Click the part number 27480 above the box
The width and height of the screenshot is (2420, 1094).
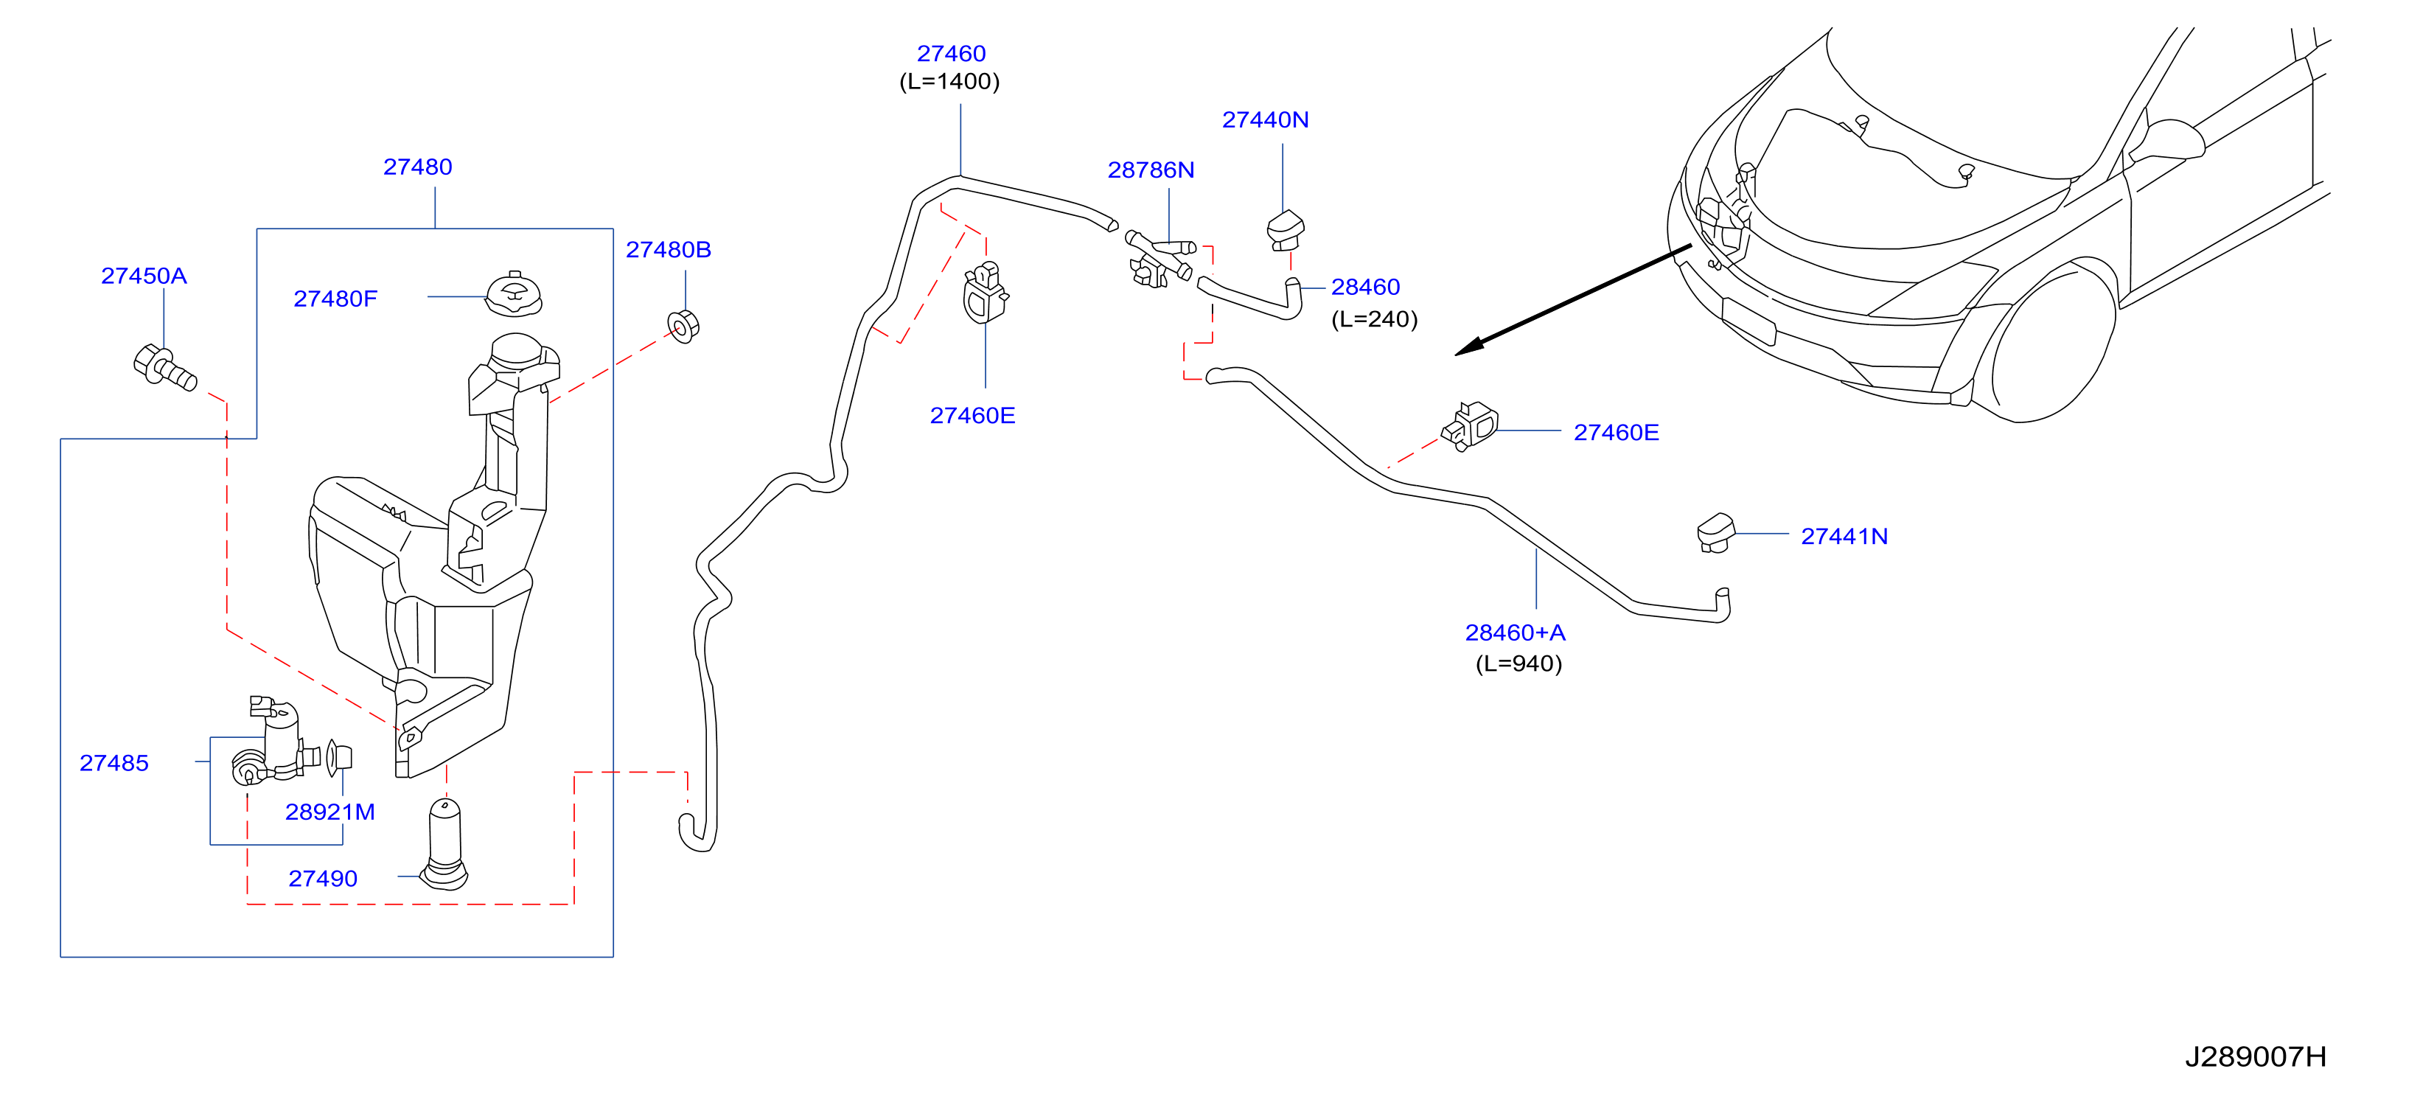(x=417, y=167)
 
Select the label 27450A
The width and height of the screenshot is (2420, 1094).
(x=144, y=276)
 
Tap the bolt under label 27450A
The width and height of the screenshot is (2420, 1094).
(x=164, y=366)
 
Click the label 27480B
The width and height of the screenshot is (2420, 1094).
(x=668, y=249)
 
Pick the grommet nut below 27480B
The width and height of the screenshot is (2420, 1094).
(x=684, y=325)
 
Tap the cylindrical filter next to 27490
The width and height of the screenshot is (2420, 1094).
(x=444, y=844)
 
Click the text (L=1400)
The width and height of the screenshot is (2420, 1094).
(x=949, y=82)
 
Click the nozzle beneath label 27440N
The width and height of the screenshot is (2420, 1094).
(x=1285, y=230)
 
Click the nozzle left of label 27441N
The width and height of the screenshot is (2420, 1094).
(x=1715, y=533)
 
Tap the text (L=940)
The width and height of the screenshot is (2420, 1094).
(x=1518, y=663)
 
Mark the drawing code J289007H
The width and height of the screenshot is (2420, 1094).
(x=2255, y=1056)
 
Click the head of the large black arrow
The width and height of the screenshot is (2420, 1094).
(x=1468, y=346)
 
